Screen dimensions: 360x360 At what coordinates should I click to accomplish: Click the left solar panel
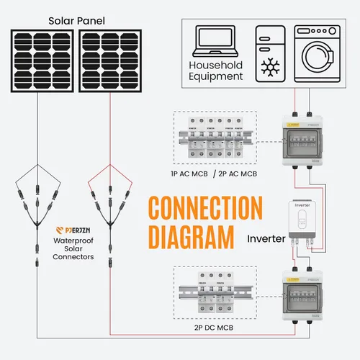click(42, 63)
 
